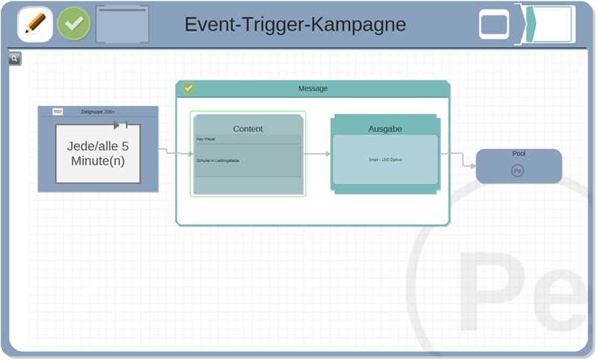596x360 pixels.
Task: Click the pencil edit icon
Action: (x=34, y=24)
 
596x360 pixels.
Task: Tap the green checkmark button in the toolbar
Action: (x=74, y=24)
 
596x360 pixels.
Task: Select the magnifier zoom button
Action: (x=15, y=59)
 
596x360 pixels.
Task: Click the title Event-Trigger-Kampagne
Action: (x=295, y=25)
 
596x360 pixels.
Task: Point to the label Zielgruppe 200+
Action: (x=98, y=112)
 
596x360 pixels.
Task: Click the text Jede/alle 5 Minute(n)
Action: (x=98, y=154)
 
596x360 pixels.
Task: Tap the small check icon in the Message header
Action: (x=188, y=88)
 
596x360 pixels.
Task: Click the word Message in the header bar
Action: (x=313, y=89)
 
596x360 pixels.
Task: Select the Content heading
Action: (x=248, y=129)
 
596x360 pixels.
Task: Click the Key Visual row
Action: (x=247, y=139)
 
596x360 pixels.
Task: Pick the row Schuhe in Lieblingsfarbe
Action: (x=247, y=160)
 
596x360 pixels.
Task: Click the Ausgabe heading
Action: (x=385, y=129)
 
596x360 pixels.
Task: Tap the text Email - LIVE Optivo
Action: (x=385, y=160)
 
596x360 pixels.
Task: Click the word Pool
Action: (x=519, y=154)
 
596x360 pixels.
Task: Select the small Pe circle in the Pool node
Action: (x=518, y=171)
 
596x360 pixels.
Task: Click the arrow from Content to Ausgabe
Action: (x=318, y=154)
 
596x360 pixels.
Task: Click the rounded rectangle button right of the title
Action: (x=494, y=25)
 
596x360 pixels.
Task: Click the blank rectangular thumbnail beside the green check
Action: (x=122, y=25)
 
